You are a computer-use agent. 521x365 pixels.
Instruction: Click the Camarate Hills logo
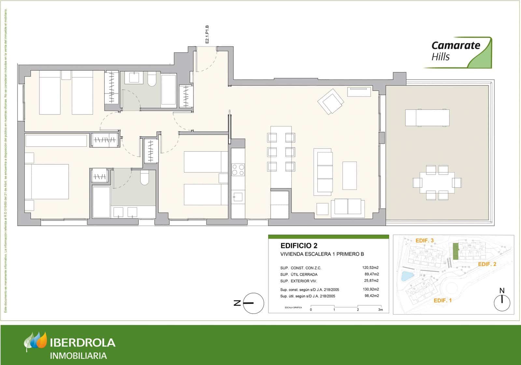[458, 52]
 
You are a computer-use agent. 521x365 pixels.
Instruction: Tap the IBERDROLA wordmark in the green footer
[83, 343]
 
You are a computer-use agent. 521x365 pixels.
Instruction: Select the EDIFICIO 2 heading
[299, 246]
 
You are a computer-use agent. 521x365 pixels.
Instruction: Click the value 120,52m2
[371, 268]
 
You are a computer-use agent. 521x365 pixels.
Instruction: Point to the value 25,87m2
[372, 281]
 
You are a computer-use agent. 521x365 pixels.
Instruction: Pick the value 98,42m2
[372, 296]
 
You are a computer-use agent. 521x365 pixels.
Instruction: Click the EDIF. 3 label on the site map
[425, 241]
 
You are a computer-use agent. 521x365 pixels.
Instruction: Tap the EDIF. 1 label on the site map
[443, 300]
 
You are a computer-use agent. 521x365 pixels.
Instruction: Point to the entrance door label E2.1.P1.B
[207, 34]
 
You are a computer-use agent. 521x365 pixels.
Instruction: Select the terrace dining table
[437, 182]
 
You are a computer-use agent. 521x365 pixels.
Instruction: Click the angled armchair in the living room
[331, 101]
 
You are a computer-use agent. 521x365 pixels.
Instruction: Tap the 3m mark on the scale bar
[380, 310]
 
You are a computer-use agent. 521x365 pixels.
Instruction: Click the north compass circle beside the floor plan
[254, 303]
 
